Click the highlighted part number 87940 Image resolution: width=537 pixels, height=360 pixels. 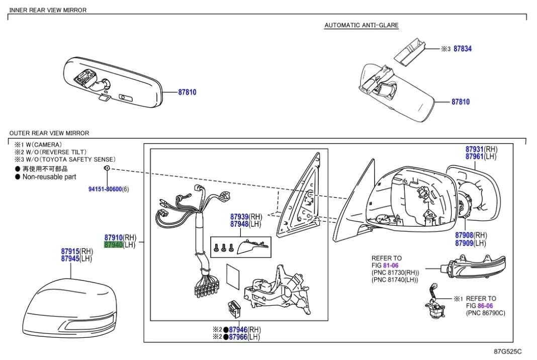(113, 245)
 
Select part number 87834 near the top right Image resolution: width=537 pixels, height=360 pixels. (462, 49)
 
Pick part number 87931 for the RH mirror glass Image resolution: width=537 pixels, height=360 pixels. (474, 149)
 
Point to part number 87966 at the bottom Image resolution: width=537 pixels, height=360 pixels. (238, 337)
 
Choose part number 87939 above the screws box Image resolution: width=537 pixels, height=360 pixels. (239, 217)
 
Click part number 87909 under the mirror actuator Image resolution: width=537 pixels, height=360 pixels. (464, 243)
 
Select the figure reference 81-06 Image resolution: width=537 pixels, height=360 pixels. (391, 265)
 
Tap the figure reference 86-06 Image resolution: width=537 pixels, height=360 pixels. (485, 306)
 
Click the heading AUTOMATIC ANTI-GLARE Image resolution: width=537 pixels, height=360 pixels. (361, 25)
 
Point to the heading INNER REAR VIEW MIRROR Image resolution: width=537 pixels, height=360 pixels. (48, 10)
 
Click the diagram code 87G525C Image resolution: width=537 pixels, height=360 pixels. (507, 351)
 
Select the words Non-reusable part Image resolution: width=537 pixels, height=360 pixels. (49, 177)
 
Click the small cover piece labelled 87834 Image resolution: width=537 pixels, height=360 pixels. (410, 51)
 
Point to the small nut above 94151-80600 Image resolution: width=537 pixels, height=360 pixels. (107, 168)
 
